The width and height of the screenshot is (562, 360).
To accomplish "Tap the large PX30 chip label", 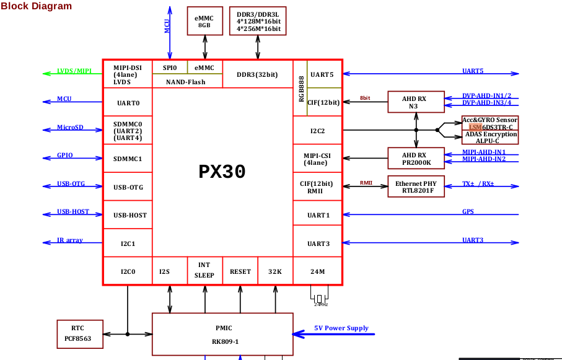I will pyautogui.click(x=222, y=172).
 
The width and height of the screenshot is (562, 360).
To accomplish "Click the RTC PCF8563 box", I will pyautogui.click(x=77, y=333).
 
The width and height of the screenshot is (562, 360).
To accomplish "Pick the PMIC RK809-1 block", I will pyautogui.click(x=222, y=334).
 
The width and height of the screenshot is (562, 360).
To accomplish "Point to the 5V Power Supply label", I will pyautogui.click(x=341, y=328).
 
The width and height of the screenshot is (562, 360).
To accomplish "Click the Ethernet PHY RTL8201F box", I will pyautogui.click(x=416, y=187).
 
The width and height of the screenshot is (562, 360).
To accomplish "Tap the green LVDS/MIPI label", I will pyautogui.click(x=74, y=71).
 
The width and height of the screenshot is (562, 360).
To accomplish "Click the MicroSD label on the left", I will pyautogui.click(x=70, y=128).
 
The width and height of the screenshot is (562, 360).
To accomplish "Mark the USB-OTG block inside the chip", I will pyautogui.click(x=128, y=187).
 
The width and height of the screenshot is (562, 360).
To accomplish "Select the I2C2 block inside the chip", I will pyautogui.click(x=317, y=131).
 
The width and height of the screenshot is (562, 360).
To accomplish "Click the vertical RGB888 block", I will pyautogui.click(x=301, y=88).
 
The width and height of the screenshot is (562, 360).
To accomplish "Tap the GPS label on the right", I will pyautogui.click(x=468, y=212).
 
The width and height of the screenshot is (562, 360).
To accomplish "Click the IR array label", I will pyautogui.click(x=70, y=240).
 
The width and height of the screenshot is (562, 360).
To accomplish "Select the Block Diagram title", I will pyautogui.click(x=36, y=6).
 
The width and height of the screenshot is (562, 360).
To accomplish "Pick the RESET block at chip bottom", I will pyautogui.click(x=240, y=271).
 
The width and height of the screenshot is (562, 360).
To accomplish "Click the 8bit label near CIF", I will pyautogui.click(x=365, y=99).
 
